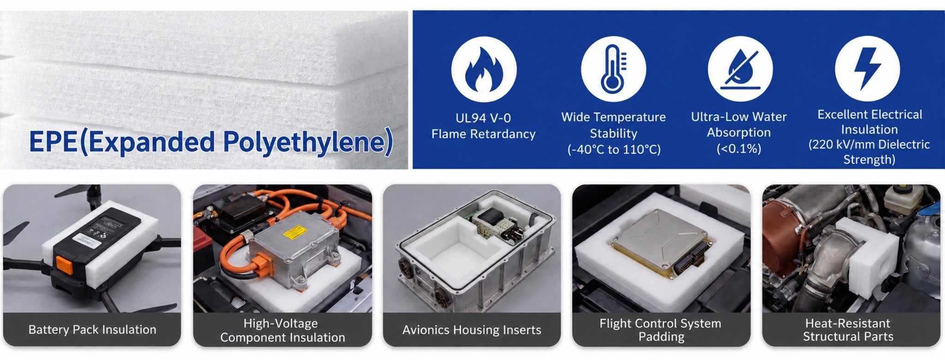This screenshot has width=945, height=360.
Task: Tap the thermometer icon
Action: (x=613, y=69)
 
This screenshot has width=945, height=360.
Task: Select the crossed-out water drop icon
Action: (x=740, y=69)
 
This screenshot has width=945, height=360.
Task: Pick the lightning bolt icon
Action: (x=867, y=69)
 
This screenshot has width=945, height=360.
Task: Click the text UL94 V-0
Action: (x=483, y=118)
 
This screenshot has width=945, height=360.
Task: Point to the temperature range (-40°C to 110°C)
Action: (x=614, y=150)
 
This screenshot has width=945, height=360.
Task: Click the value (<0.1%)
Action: (x=739, y=149)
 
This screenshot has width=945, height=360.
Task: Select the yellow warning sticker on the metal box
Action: (x=295, y=232)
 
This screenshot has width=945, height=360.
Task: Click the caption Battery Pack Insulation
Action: (x=92, y=330)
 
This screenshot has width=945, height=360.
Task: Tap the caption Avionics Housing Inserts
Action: (x=472, y=330)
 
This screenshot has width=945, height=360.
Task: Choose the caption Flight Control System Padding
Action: (x=661, y=330)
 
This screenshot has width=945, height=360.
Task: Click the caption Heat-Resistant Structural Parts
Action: (x=848, y=330)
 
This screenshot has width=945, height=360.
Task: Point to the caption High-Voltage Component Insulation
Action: (x=282, y=330)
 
